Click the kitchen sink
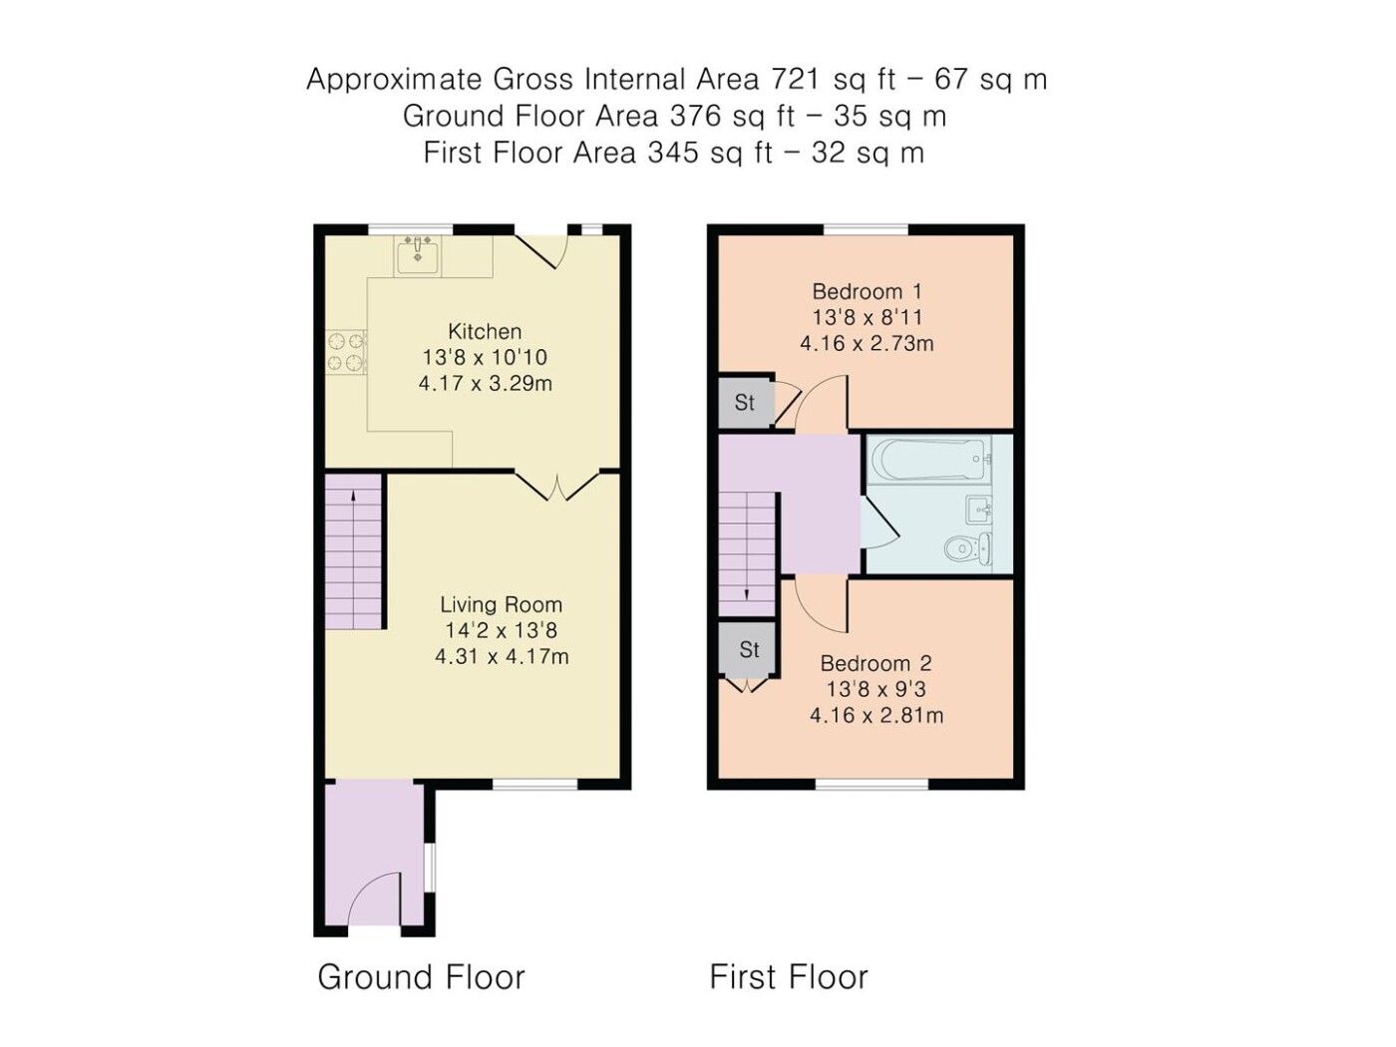pyautogui.click(x=417, y=255)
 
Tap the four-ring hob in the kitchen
pyautogui.click(x=346, y=352)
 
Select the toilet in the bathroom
pyautogui.click(x=967, y=547)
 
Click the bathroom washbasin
pyautogui.click(x=977, y=510)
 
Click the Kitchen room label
pyautogui.click(x=485, y=331)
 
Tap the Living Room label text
pyautogui.click(x=502, y=604)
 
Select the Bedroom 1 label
pyautogui.click(x=867, y=291)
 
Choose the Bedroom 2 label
pyautogui.click(x=875, y=663)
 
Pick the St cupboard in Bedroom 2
pyautogui.click(x=749, y=649)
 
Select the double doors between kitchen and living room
pyautogui.click(x=557, y=487)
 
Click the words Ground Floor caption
pyautogui.click(x=421, y=976)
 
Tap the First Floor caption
pyautogui.click(x=789, y=976)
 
